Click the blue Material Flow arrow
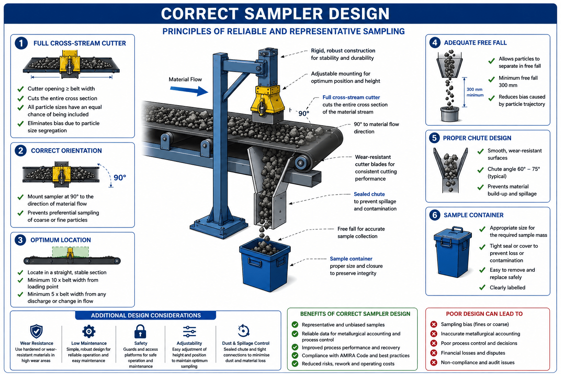[x=189, y=91]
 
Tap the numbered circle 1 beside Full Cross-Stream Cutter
[x=21, y=43]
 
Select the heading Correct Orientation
[x=66, y=150]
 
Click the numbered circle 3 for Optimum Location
[x=20, y=240]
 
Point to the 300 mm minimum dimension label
[x=475, y=92]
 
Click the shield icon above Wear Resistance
[x=36, y=331]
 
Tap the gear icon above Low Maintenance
[x=89, y=331]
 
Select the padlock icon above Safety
[x=140, y=331]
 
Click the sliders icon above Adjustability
[x=189, y=331]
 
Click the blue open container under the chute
[x=265, y=265]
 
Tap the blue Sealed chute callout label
[x=369, y=194]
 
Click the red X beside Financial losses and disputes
[x=434, y=353]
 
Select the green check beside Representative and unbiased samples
[x=295, y=325]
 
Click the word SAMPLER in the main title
[x=283, y=14]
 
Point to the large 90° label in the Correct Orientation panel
[x=120, y=178]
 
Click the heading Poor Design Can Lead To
[x=484, y=314]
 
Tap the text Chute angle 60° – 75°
[x=514, y=169]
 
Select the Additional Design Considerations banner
[x=146, y=316]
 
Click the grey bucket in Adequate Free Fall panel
[x=450, y=114]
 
